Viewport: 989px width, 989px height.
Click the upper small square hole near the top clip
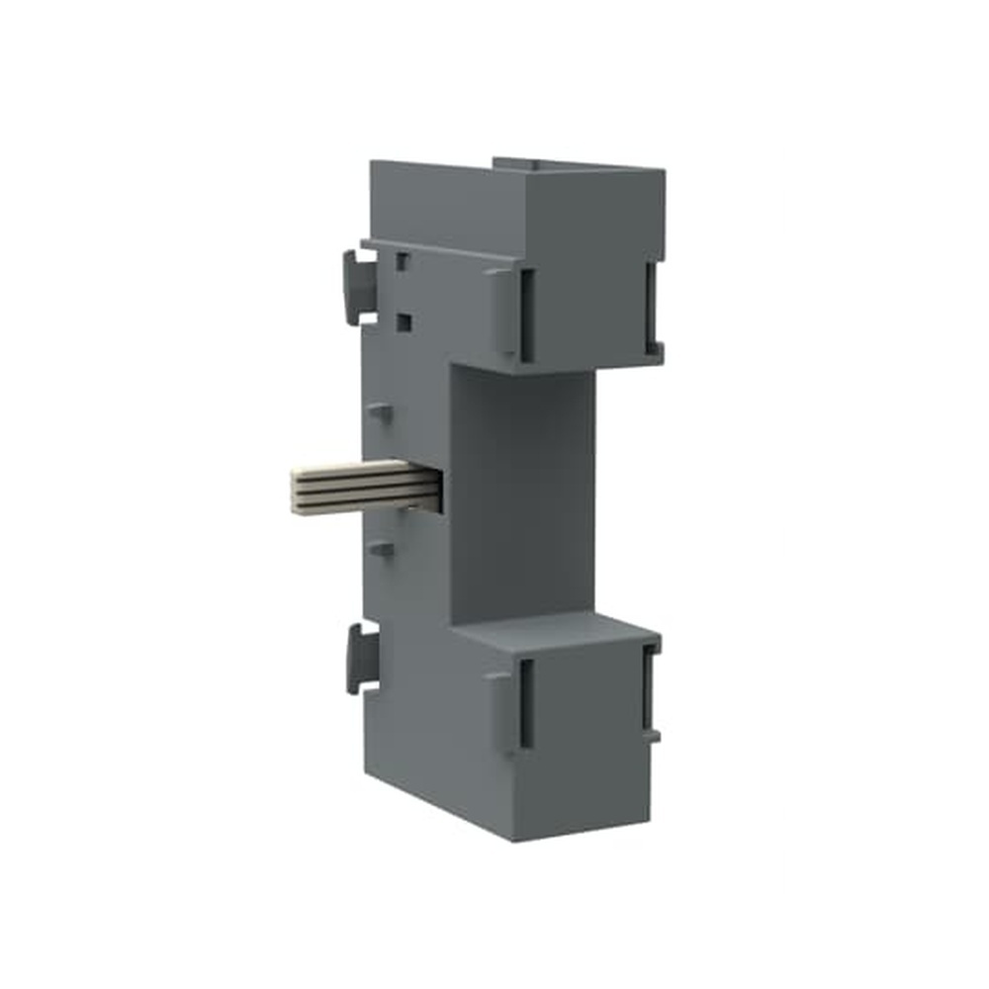(x=402, y=261)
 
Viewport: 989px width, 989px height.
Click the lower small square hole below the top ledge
(x=403, y=321)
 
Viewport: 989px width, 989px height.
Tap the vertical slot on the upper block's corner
(x=526, y=315)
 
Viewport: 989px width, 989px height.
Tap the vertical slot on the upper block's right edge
(x=650, y=306)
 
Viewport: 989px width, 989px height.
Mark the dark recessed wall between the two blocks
(x=524, y=494)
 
